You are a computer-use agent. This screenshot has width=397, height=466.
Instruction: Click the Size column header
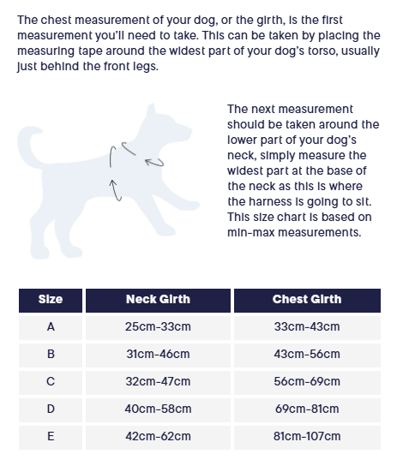51,300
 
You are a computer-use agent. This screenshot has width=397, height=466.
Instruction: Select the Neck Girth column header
158,300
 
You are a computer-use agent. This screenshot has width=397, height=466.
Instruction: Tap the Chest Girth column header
306,300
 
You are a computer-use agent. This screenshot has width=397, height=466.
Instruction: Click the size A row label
51,326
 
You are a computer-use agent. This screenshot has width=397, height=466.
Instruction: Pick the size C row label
51,381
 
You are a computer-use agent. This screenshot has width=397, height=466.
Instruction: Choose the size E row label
51,436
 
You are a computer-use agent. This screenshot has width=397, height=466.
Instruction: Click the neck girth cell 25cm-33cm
158,326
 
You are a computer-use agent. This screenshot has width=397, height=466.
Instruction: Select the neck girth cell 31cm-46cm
158,354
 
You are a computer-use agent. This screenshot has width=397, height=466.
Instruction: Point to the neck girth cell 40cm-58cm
158,409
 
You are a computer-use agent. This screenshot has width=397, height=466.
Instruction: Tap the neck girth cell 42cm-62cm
158,436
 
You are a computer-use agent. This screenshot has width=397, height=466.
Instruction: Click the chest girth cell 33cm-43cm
306,326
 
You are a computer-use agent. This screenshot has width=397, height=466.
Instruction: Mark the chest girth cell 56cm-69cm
306,381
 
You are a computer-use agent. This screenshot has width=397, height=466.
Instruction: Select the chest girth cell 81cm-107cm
306,436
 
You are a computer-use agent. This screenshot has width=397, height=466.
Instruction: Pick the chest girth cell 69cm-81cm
306,409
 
